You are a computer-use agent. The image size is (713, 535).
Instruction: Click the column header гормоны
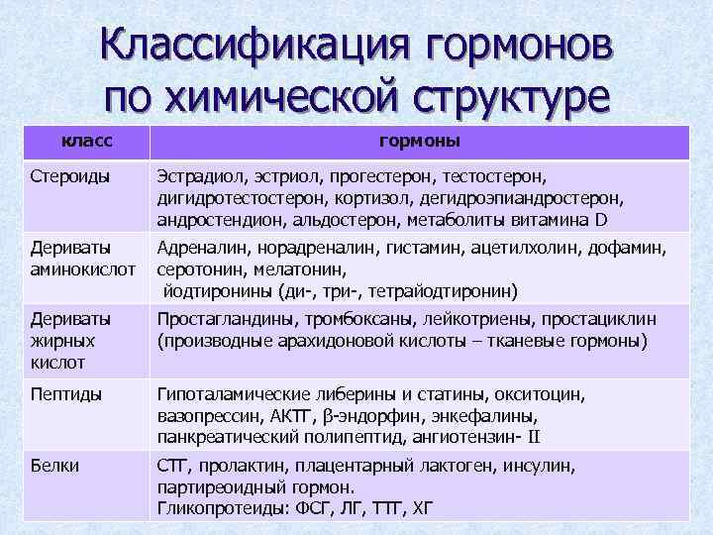[x=419, y=142]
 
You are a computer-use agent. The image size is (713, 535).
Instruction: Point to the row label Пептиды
[x=65, y=394]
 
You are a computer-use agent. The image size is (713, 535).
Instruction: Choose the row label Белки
[x=54, y=466]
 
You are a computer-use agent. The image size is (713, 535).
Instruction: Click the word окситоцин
[x=535, y=394]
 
